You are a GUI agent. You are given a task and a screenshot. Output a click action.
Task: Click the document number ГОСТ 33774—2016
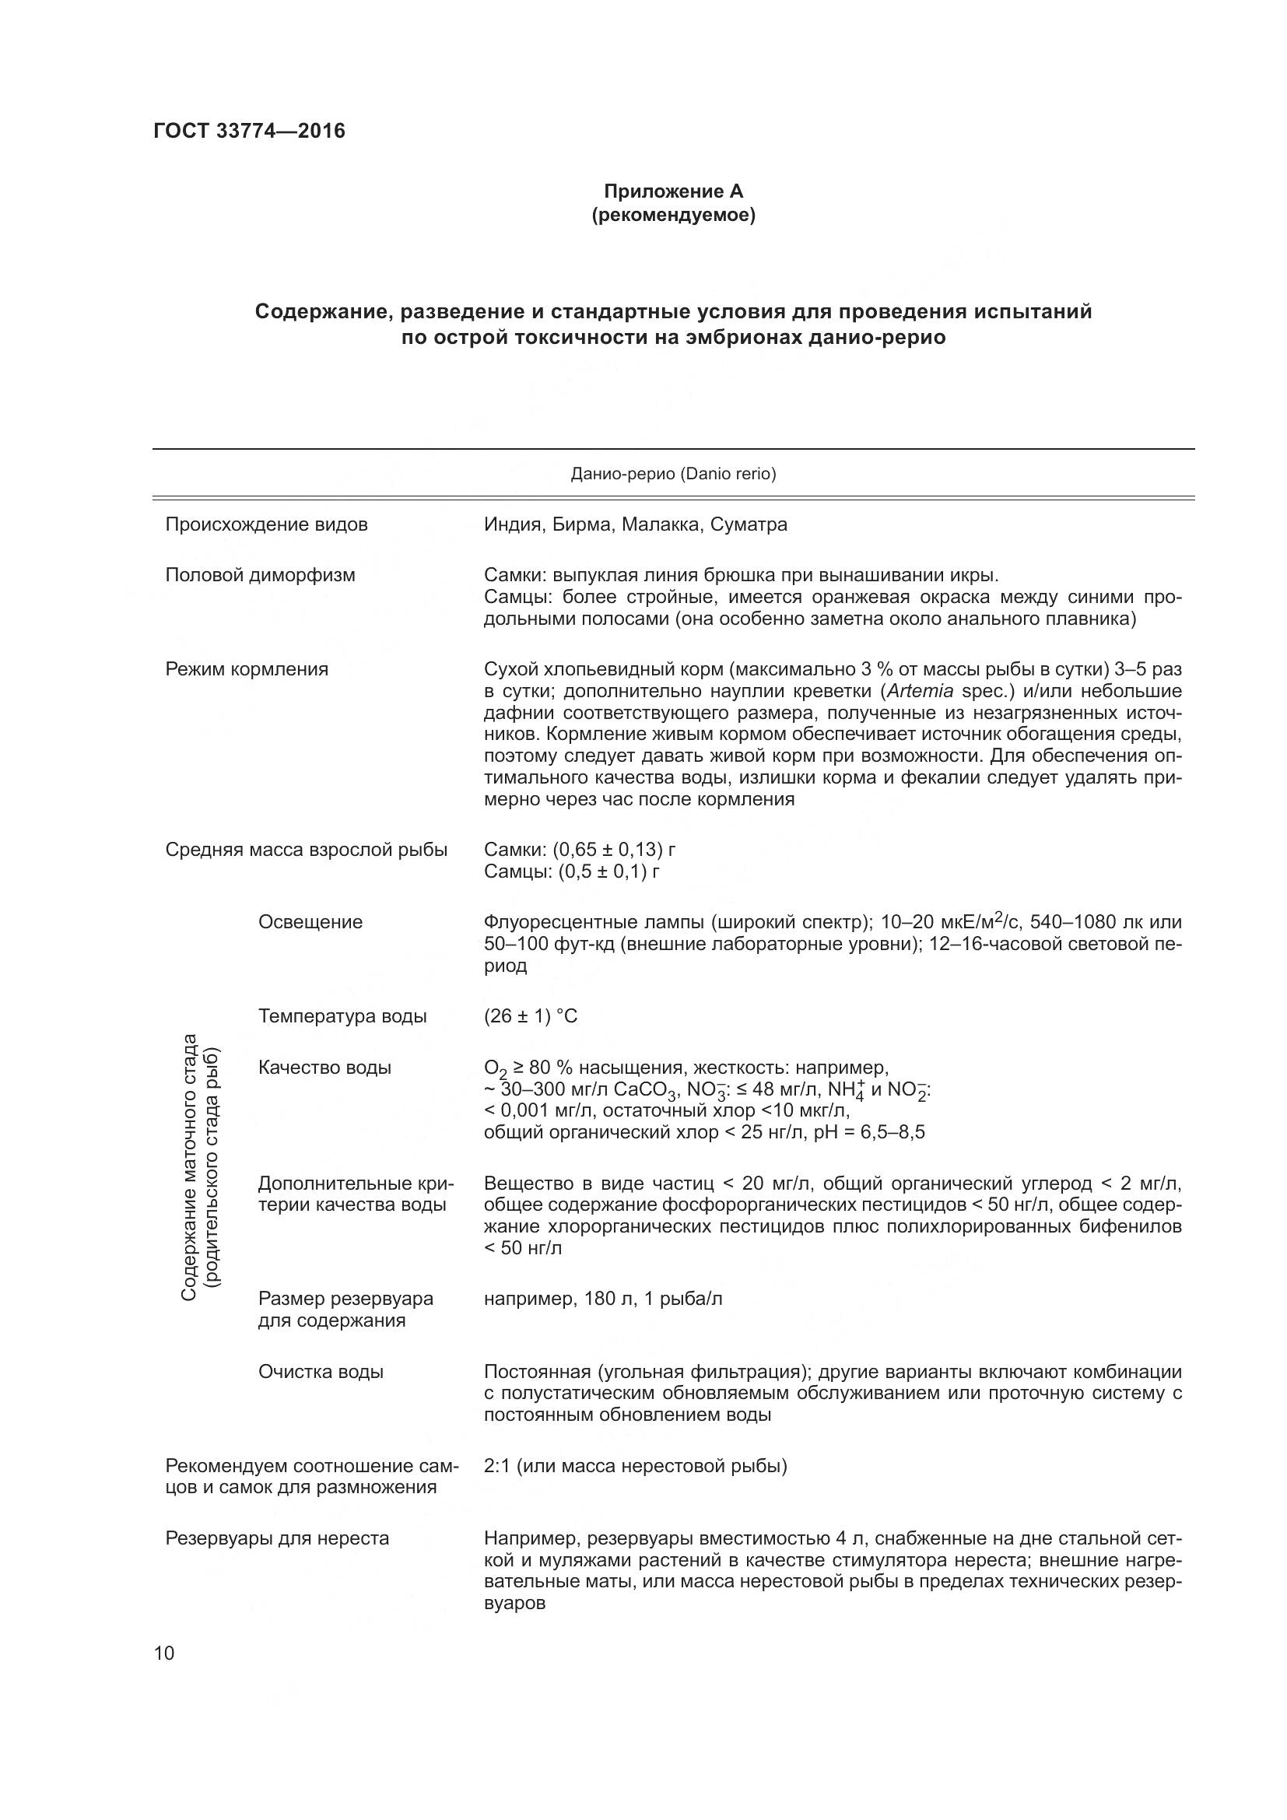click(249, 131)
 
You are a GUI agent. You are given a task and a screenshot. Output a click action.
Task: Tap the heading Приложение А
click(673, 191)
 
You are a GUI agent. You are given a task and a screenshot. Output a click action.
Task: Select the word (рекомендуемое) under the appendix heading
click(673, 215)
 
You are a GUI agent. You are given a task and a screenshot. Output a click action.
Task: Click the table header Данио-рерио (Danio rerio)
click(673, 474)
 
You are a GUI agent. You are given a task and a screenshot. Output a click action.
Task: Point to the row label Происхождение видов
click(266, 524)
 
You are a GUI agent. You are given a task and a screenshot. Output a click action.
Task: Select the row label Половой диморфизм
click(260, 575)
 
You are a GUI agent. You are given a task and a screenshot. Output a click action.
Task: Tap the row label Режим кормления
click(247, 669)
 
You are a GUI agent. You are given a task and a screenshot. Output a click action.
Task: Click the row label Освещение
click(310, 922)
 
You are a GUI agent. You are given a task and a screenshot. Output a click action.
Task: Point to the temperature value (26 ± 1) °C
click(530, 1016)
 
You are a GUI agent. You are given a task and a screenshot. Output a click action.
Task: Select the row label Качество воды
click(324, 1068)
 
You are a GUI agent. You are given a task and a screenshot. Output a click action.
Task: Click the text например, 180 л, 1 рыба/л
click(602, 1299)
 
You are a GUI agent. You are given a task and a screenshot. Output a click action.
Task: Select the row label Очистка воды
click(320, 1371)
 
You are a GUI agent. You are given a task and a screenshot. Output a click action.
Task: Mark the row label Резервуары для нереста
click(276, 1538)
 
